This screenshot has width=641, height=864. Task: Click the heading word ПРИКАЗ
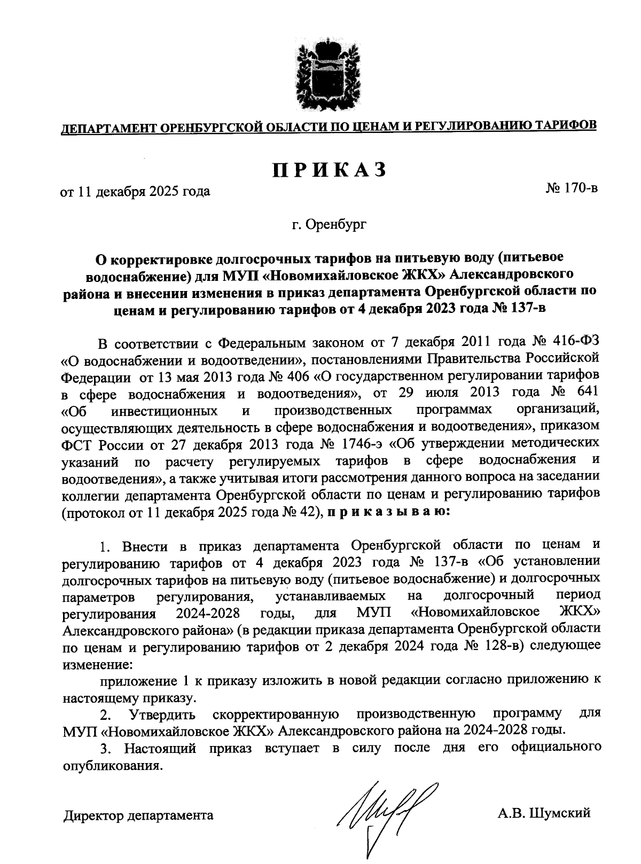click(329, 170)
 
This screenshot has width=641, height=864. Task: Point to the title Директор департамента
click(138, 815)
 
